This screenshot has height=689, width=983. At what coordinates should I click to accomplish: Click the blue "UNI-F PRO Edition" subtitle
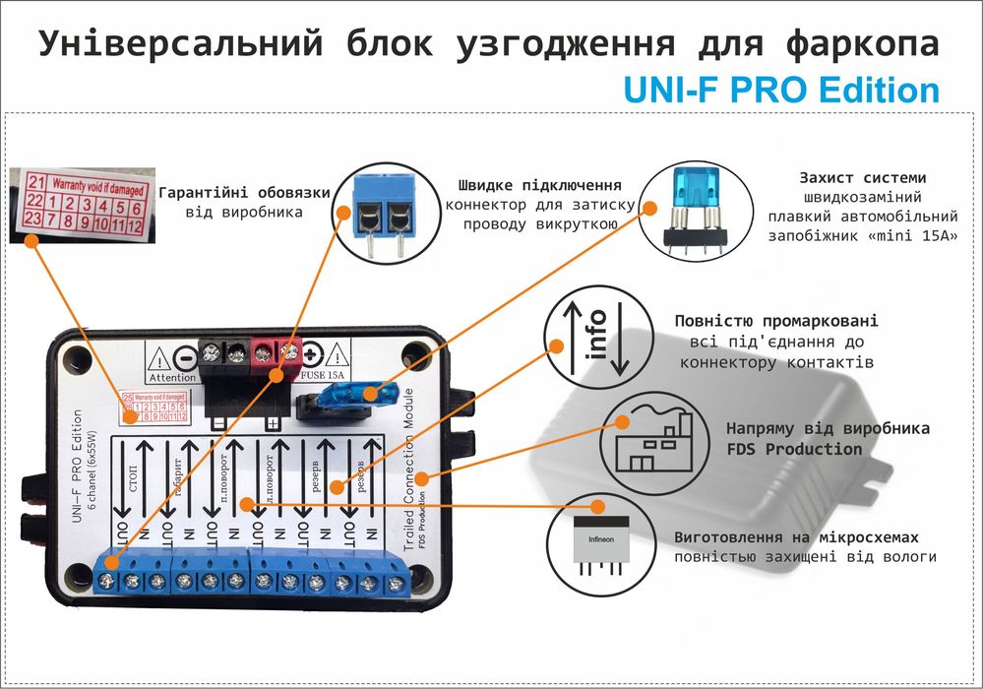781,91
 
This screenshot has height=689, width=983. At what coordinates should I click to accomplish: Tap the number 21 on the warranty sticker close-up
36,181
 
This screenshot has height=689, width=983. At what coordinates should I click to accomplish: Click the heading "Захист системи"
862,178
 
